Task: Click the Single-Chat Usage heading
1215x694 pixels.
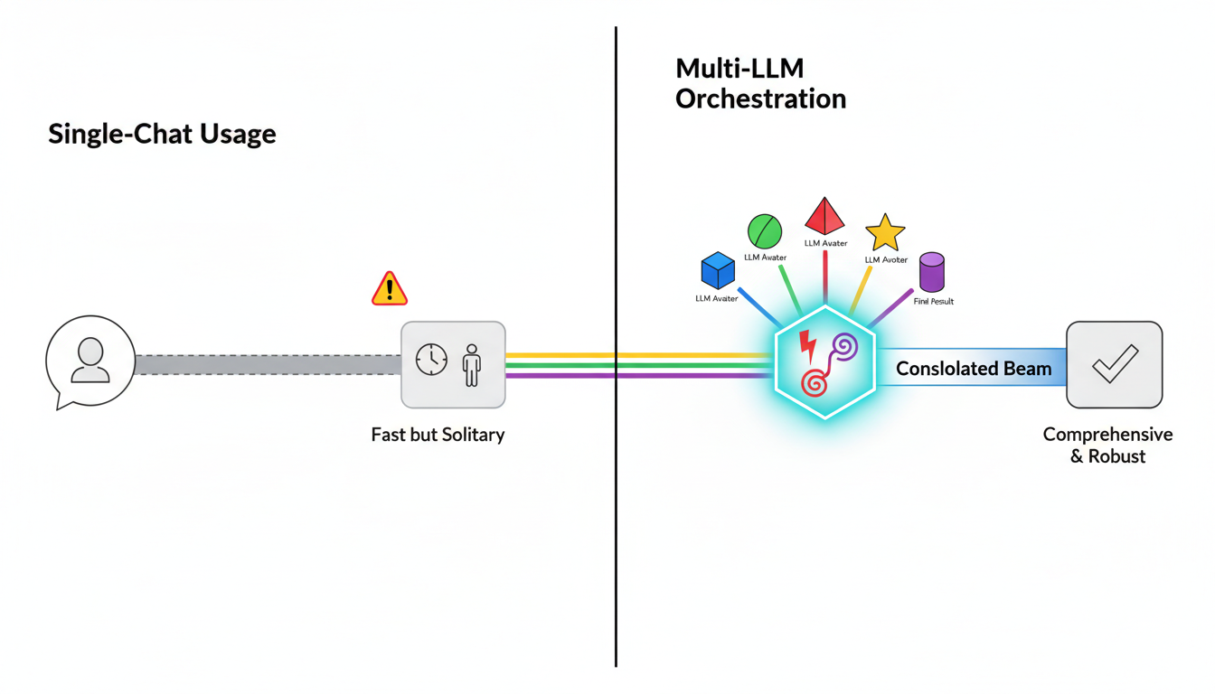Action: pos(162,135)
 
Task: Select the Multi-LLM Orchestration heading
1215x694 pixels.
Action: pos(760,83)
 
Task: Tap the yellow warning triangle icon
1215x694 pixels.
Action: pos(390,288)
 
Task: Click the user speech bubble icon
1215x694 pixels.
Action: pos(89,361)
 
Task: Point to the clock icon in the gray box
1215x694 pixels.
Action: pos(431,360)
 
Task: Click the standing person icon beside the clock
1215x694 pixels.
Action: pos(471,364)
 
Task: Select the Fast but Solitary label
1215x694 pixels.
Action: pos(438,435)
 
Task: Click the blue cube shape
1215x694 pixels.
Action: pos(718,271)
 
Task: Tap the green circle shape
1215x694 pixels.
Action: pos(764,231)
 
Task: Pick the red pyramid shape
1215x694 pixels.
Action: pos(824,217)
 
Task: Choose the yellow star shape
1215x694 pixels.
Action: pos(885,233)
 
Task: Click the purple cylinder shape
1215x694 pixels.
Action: pos(931,272)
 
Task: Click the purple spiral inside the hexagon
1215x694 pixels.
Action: pos(844,347)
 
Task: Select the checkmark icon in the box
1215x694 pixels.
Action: pos(1114,364)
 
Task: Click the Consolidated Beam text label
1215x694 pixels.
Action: pos(973,369)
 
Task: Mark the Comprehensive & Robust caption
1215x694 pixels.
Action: pos(1107,445)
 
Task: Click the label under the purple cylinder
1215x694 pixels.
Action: pos(933,301)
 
